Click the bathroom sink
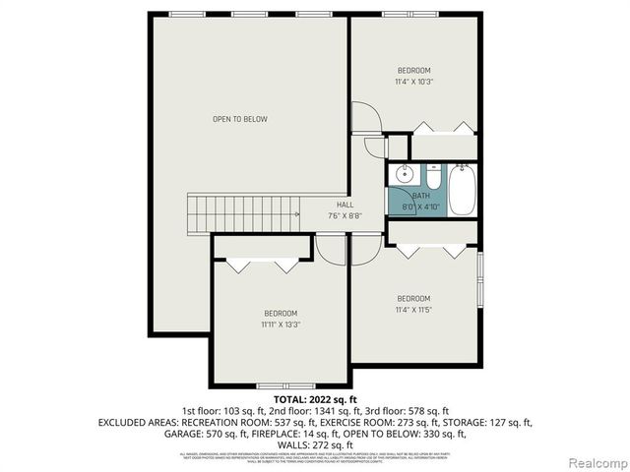(403, 176)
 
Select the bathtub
(462, 189)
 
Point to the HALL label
(345, 205)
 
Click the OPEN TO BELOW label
(239, 119)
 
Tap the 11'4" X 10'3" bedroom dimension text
(413, 82)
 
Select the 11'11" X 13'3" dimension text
(280, 324)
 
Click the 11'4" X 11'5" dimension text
(413, 310)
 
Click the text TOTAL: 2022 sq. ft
(315, 400)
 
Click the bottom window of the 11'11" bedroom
(279, 384)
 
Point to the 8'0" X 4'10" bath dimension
(420, 206)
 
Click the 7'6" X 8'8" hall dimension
(345, 215)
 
